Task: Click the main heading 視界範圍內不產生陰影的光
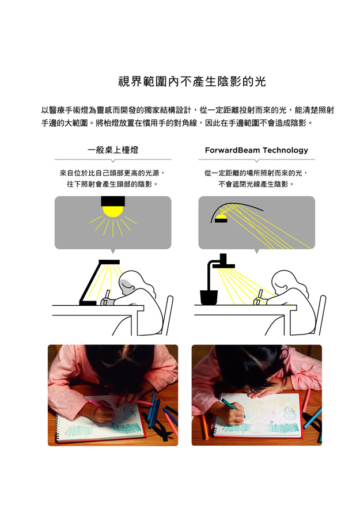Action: pos(192,82)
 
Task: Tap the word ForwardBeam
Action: pos(233,150)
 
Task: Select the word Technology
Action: pos(285,151)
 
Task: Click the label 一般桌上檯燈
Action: pos(113,150)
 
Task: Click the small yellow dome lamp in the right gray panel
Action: pos(221,216)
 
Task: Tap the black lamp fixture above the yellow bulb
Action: pos(113,202)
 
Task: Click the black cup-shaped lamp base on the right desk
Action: pos(209,297)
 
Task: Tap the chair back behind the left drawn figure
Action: pos(168,315)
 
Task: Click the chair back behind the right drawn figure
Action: pos(321,315)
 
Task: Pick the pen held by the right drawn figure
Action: pos(259,297)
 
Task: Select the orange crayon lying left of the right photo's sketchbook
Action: pos(205,426)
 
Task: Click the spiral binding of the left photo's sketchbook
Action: pos(58,426)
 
